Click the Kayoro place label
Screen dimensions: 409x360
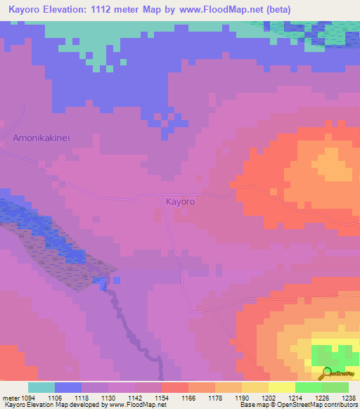[x=180, y=202]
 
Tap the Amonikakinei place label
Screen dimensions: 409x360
[x=42, y=138]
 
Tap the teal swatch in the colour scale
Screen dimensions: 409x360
[x=41, y=387]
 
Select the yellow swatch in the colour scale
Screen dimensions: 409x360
[x=282, y=387]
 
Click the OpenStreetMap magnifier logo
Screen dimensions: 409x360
[x=326, y=373]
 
